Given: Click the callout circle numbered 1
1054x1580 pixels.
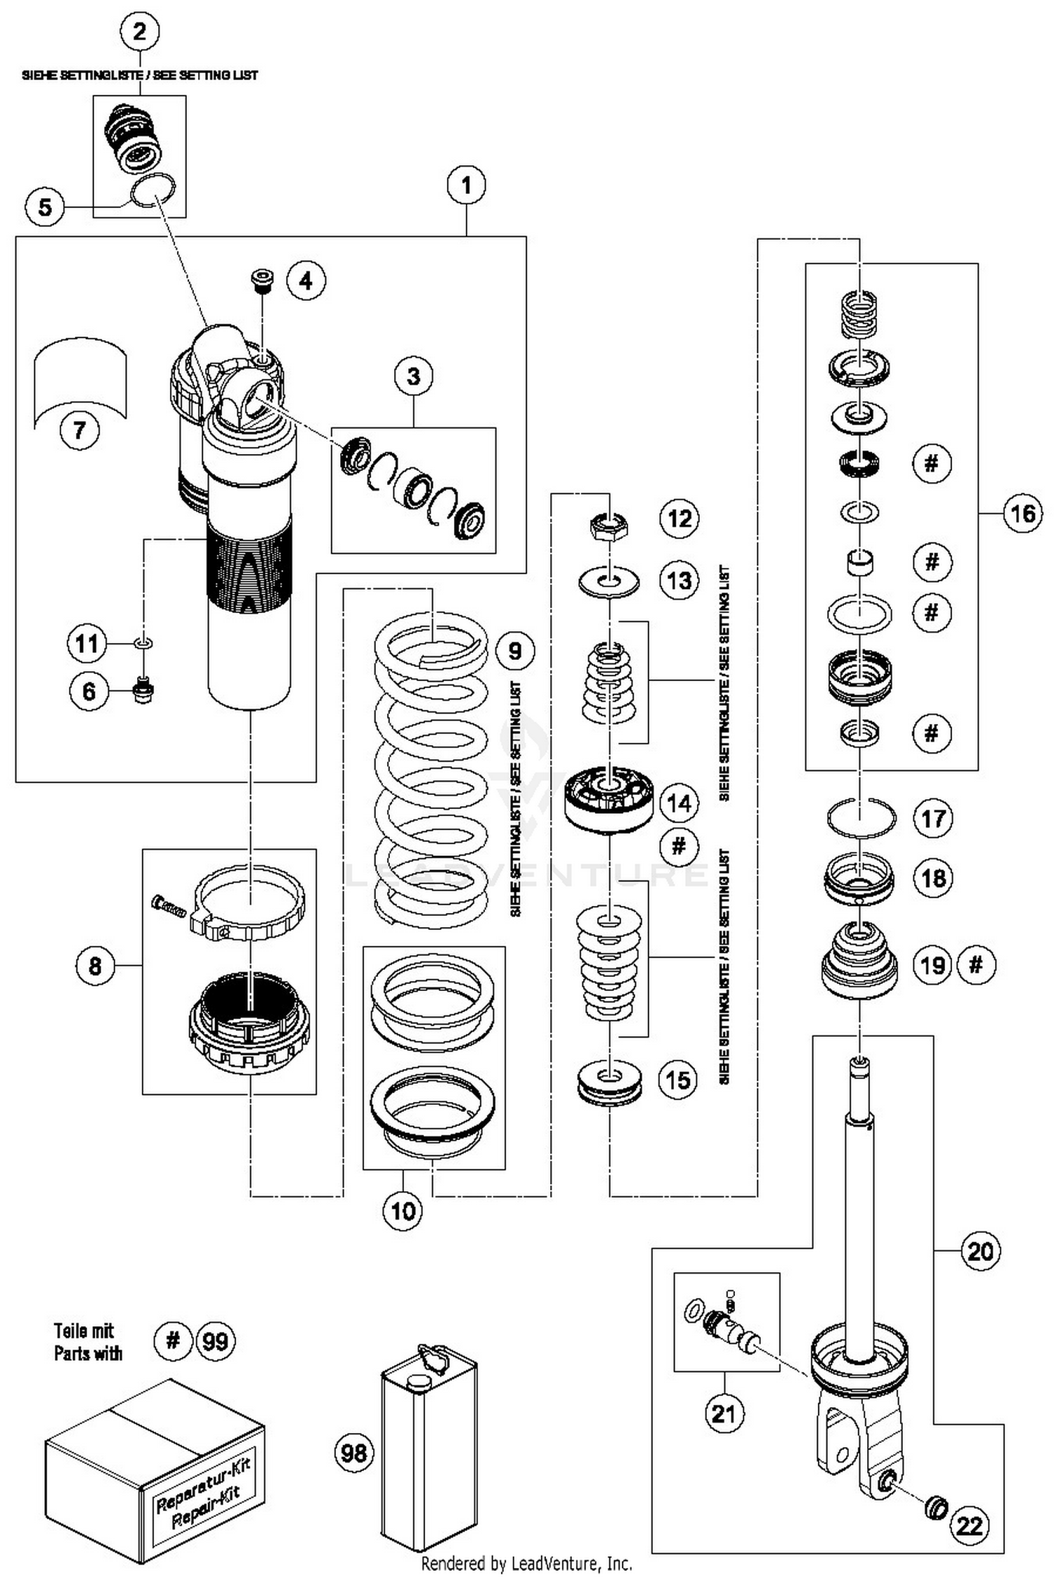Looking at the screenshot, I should tap(467, 186).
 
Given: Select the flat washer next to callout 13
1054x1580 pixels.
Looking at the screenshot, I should tap(609, 582).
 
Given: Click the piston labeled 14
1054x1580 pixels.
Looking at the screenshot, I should tap(609, 798).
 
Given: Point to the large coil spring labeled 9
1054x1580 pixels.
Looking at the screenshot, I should tap(431, 766).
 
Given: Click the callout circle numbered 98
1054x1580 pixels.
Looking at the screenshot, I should tap(353, 1453).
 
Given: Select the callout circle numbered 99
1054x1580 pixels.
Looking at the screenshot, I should tap(215, 1341).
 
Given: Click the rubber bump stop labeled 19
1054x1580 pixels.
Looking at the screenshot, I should tap(859, 965).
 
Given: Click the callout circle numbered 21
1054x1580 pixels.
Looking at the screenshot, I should tap(724, 1413).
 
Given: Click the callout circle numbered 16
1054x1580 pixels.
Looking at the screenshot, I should tap(1022, 514).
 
